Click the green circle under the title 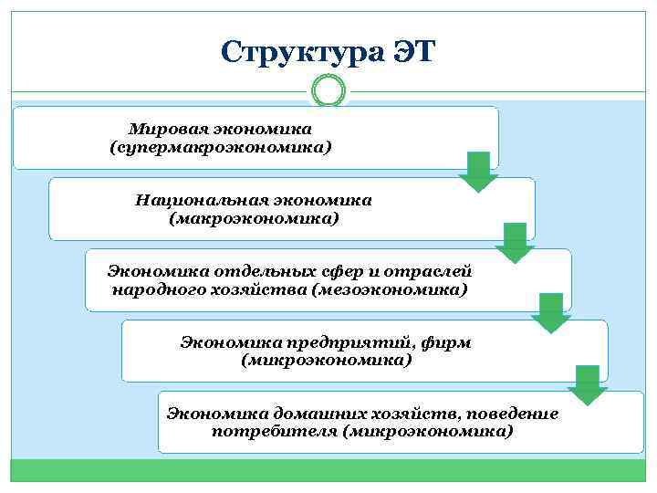point(328,90)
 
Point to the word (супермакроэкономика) point(220,146)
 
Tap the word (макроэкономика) point(254,218)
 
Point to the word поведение point(515,413)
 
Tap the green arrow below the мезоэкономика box point(551,313)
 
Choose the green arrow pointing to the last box point(588,384)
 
